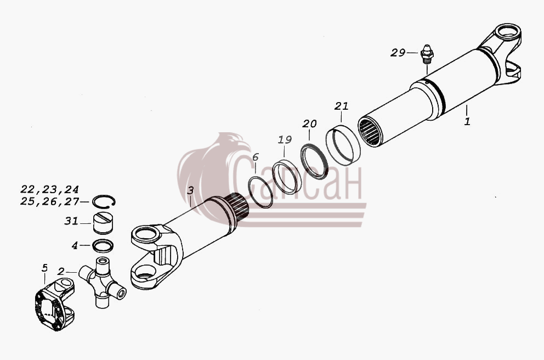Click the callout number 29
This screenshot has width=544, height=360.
(x=398, y=53)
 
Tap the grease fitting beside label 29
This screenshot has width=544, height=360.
(x=426, y=54)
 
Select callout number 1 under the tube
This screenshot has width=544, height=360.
(x=467, y=121)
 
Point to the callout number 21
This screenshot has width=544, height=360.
(x=341, y=106)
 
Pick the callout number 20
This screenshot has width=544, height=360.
(x=309, y=123)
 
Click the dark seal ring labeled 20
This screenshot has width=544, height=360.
(x=314, y=161)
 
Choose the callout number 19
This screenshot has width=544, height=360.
(x=285, y=139)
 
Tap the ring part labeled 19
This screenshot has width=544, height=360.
(x=284, y=176)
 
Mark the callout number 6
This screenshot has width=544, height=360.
(x=256, y=157)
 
